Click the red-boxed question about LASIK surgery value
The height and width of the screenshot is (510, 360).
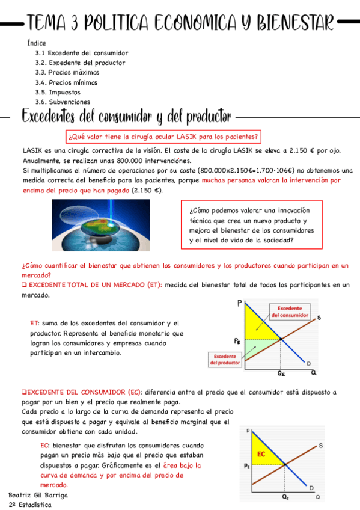163,136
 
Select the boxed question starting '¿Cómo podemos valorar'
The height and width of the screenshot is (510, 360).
252,225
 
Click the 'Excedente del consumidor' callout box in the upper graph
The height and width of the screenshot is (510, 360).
290,311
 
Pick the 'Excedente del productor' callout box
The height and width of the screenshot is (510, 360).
225,360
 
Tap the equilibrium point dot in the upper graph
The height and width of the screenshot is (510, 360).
281,340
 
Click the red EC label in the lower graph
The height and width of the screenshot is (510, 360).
261,454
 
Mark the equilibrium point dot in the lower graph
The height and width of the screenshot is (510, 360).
284,465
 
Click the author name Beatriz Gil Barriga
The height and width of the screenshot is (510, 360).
38,495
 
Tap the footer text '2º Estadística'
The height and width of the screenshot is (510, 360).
30,505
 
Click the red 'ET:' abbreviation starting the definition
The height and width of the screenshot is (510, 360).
35,323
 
